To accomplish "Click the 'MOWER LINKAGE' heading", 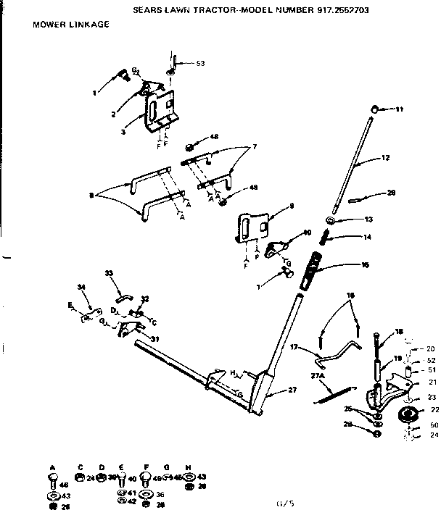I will point(70,24).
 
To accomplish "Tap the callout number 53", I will point(200,64).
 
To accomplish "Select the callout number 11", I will point(399,109).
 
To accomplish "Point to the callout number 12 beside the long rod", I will point(385,157).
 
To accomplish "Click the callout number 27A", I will point(316,376).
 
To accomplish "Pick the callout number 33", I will point(110,273).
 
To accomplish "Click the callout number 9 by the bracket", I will point(291,206).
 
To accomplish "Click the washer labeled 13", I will point(331,220).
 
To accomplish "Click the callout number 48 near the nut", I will point(214,137).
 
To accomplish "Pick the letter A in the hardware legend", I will point(52,467).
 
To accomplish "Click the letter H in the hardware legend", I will point(189,467).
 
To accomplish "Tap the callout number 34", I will point(81,288).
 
